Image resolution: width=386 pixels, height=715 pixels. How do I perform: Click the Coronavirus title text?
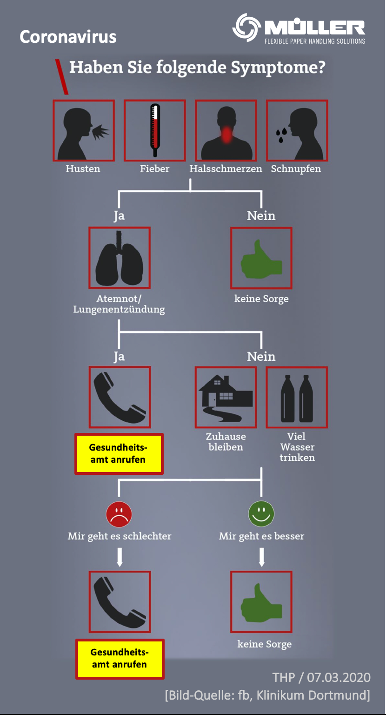[x=68, y=37]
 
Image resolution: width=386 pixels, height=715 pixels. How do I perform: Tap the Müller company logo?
[x=299, y=28]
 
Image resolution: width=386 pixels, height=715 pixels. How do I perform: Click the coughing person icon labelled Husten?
[x=84, y=131]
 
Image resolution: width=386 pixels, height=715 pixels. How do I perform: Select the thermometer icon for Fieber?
[x=154, y=131]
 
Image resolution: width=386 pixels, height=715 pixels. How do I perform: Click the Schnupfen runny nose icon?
[x=297, y=131]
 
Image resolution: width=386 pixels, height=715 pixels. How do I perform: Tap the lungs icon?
[x=120, y=258]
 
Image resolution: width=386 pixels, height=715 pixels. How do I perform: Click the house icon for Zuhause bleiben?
[x=226, y=397]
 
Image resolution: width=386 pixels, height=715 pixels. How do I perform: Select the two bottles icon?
[x=297, y=397]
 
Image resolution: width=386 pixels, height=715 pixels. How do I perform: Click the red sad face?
[x=119, y=514]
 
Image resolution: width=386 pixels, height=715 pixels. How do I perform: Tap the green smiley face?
[x=261, y=514]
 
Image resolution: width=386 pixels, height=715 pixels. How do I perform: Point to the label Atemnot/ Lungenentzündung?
[x=119, y=304]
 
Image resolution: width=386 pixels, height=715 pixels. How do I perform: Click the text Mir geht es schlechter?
[x=120, y=536]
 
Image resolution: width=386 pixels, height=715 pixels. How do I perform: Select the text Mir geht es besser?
[x=261, y=536]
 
